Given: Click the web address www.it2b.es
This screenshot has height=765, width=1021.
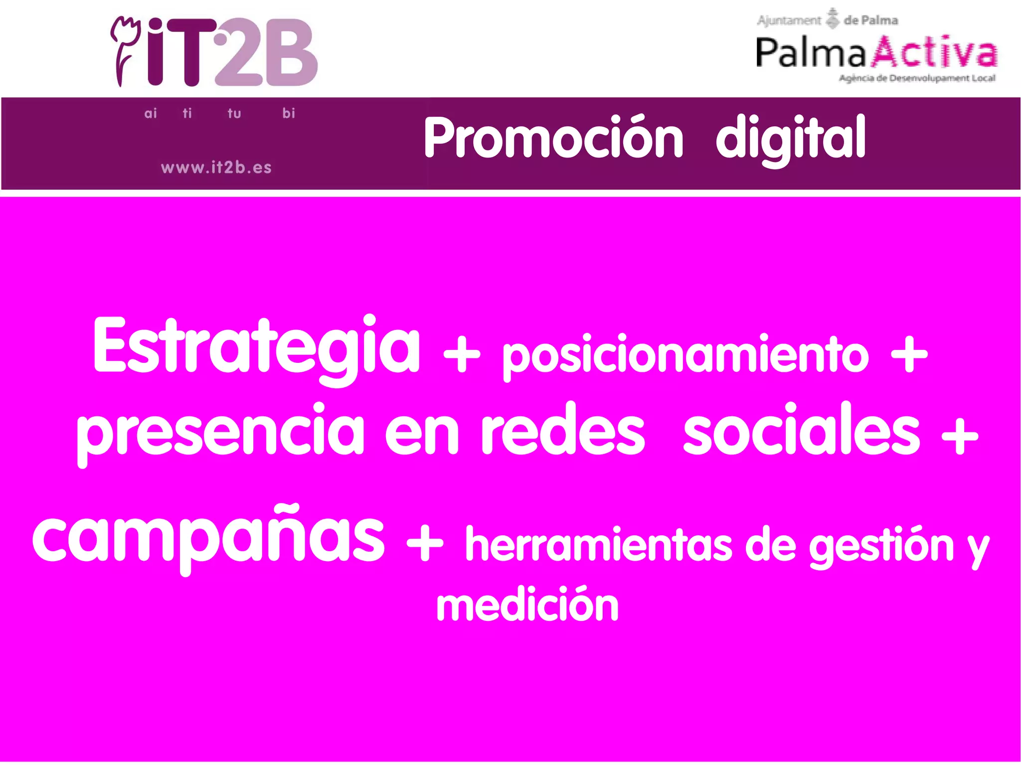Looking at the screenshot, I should coord(216,167).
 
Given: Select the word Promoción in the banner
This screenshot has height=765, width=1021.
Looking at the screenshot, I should coord(553,138).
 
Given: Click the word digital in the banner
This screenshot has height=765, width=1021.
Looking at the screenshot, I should coord(791,138).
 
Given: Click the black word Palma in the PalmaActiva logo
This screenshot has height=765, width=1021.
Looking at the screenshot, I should coord(811,53).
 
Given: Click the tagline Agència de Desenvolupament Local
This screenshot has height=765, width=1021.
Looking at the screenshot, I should coord(917,78).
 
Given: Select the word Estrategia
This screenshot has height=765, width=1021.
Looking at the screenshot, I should coord(257,346).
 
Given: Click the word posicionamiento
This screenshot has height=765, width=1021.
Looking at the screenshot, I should coord(685,355).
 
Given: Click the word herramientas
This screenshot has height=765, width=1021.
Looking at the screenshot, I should coord(598,545).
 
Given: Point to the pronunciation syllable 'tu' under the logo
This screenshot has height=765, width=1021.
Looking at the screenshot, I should coord(234,114).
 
